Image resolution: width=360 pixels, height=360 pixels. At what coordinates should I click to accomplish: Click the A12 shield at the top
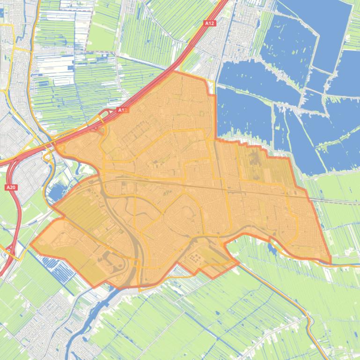[x=209, y=22]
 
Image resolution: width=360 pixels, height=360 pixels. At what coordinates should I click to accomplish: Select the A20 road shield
[x=11, y=187]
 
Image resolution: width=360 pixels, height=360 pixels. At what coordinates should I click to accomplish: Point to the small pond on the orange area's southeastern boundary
[x=272, y=248]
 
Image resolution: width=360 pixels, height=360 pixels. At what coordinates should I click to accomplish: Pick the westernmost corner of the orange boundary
[x=31, y=244]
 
